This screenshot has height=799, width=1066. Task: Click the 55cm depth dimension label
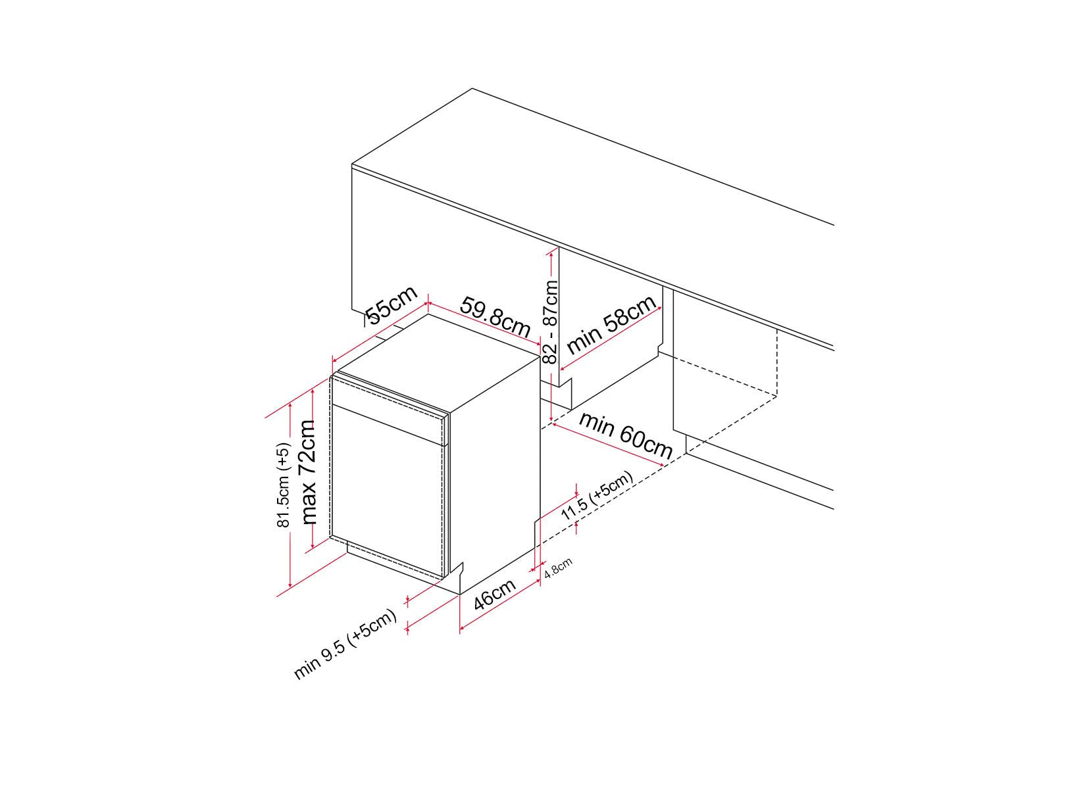click(x=392, y=305)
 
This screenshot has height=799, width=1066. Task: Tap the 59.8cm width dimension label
click(x=495, y=317)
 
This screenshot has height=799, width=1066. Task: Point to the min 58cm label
click(x=612, y=324)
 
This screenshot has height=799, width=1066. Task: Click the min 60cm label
click(x=626, y=435)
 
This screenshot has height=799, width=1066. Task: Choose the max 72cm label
click(x=309, y=472)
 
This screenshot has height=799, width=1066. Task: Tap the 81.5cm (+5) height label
click(x=283, y=485)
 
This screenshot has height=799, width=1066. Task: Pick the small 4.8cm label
click(x=559, y=567)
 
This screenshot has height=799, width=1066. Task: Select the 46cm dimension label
click(x=495, y=594)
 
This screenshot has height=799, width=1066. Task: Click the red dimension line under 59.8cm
click(x=484, y=324)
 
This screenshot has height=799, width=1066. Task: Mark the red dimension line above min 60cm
click(x=607, y=445)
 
